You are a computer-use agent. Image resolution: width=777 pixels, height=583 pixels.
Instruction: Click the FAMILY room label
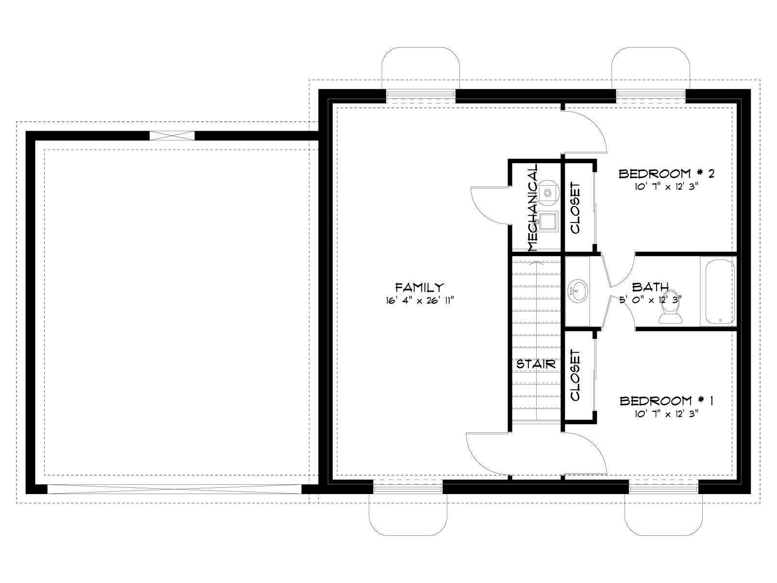pyautogui.click(x=420, y=287)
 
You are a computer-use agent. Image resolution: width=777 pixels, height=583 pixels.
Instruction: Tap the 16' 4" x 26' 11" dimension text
pyautogui.click(x=420, y=301)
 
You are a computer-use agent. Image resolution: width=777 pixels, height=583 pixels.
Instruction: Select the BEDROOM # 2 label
pyautogui.click(x=667, y=173)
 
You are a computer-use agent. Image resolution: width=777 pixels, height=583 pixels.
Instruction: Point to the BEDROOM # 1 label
pyautogui.click(x=667, y=401)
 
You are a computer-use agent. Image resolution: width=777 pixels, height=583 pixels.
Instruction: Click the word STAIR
pyautogui.click(x=536, y=364)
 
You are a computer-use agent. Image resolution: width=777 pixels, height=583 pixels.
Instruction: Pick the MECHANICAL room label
pyautogui.click(x=533, y=207)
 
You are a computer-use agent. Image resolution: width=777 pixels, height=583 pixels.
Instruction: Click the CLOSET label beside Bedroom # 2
pyautogui.click(x=575, y=208)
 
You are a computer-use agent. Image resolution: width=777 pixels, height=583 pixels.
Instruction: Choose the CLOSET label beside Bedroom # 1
pyautogui.click(x=575, y=376)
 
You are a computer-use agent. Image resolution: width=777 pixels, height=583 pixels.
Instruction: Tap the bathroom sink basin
pyautogui.click(x=578, y=291)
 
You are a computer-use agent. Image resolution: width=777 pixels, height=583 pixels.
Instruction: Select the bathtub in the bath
pyautogui.click(x=720, y=291)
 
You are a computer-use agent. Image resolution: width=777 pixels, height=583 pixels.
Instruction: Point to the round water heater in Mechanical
pyautogui.click(x=548, y=192)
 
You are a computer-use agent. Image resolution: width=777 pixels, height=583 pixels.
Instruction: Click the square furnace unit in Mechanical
pyautogui.click(x=548, y=222)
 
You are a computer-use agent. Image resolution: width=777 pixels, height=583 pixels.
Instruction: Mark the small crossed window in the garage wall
pyautogui.click(x=172, y=136)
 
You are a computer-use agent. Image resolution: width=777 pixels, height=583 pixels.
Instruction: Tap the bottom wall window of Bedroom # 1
pyautogui.click(x=664, y=488)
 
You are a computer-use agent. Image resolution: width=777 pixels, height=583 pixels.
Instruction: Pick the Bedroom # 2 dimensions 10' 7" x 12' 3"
pyautogui.click(x=667, y=187)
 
